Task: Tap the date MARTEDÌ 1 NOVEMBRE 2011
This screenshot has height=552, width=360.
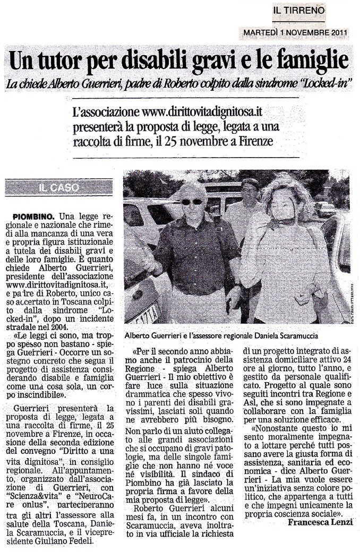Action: click(x=295, y=33)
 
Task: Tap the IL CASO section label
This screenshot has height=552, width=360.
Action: click(x=59, y=187)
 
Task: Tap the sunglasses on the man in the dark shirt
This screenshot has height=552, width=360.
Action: click(x=192, y=202)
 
